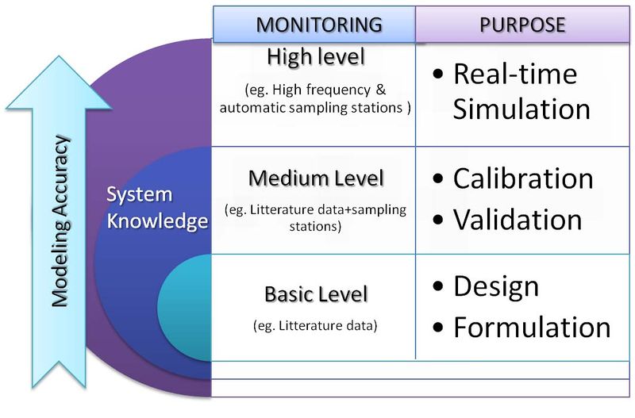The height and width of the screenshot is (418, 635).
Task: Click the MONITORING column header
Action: click(x=314, y=25)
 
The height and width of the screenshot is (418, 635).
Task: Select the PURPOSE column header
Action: click(x=522, y=25)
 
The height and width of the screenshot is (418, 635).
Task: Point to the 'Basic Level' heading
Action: click(x=316, y=295)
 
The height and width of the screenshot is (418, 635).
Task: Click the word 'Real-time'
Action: click(x=515, y=75)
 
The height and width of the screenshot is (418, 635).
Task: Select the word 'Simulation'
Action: click(x=521, y=109)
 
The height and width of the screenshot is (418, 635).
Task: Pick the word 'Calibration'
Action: click(x=523, y=178)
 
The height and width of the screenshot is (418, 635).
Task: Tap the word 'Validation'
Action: click(x=518, y=217)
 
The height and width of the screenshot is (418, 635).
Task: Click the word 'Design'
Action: click(x=496, y=286)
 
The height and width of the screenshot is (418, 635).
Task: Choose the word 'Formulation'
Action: click(x=532, y=326)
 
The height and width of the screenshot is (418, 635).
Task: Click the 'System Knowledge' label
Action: click(x=156, y=208)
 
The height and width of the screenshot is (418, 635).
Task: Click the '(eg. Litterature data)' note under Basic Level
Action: click(x=315, y=325)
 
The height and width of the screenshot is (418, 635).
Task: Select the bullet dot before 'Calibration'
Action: click(x=439, y=179)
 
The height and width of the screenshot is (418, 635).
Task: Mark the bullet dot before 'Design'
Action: click(x=439, y=287)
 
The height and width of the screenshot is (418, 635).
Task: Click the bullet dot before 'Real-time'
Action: click(x=439, y=75)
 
